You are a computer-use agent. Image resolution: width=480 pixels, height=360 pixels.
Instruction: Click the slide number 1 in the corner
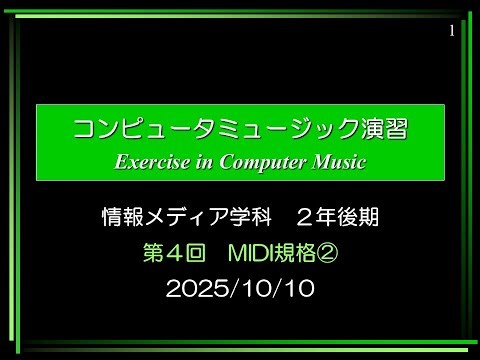[x=452, y=30]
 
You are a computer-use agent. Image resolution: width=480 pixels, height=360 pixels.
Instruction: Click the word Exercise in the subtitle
[x=151, y=160]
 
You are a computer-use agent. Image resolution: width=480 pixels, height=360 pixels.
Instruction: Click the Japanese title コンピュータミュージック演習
[x=241, y=129]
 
